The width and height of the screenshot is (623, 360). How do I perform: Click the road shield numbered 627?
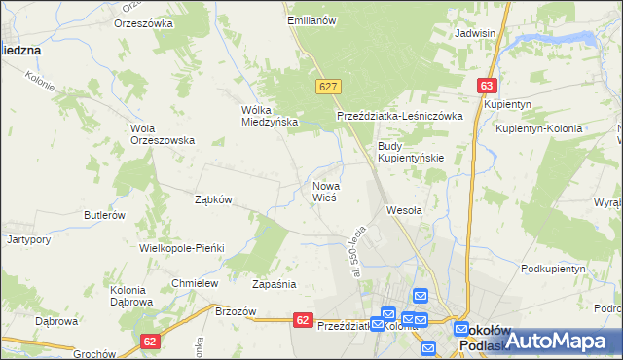(327, 87)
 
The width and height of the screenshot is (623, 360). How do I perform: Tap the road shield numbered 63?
(488, 86)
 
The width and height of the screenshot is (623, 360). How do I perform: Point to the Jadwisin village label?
(475, 33)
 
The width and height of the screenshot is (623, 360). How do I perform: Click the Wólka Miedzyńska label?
(269, 116)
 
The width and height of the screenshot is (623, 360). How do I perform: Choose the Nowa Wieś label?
(325, 191)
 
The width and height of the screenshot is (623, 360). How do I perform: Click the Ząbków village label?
(212, 199)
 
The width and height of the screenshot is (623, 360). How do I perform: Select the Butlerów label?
(104, 215)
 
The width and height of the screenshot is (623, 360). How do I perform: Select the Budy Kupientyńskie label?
(411, 151)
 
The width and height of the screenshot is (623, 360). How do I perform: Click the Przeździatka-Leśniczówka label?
(405, 115)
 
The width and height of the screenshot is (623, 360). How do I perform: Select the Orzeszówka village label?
(143, 22)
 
